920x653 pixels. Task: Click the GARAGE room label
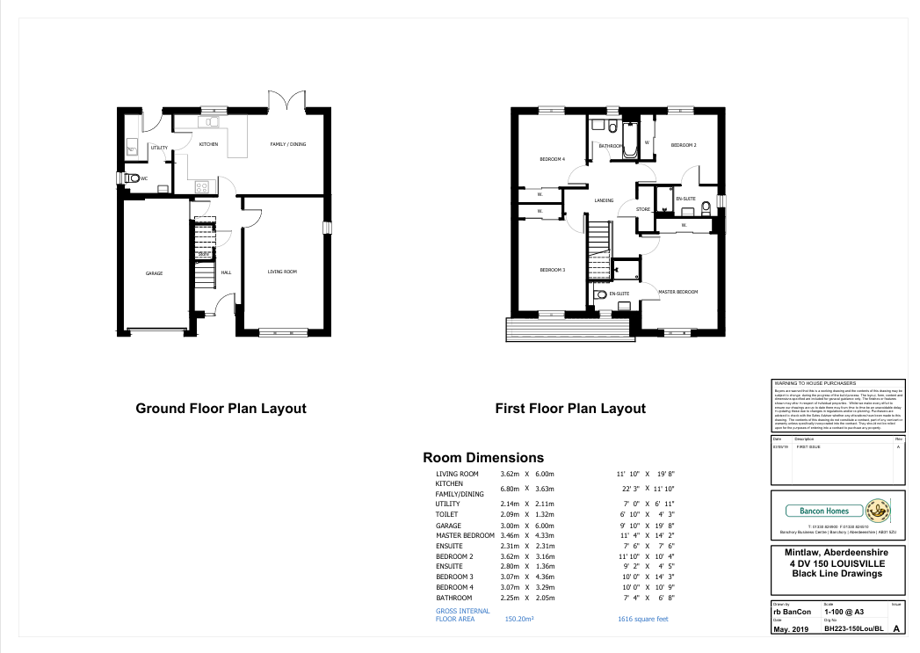point(155,273)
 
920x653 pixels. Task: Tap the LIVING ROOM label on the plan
point(282,272)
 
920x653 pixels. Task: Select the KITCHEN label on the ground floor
point(208,144)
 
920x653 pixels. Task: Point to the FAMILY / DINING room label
point(287,144)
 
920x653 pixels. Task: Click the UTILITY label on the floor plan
point(159,148)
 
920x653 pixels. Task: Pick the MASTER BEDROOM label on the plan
point(677,292)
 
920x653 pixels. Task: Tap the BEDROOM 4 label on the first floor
point(552,159)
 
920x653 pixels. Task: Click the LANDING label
point(604,200)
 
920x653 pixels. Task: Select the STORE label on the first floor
point(643,209)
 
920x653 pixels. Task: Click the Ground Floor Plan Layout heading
point(221,409)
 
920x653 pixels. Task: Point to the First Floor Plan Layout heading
point(570,409)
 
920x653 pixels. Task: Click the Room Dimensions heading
point(483,458)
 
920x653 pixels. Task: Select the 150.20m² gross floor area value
point(519,619)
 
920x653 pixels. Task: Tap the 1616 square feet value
point(643,619)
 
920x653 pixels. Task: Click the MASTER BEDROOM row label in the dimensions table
point(465,535)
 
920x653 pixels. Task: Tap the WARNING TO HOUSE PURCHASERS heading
point(814,384)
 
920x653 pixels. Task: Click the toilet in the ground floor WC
point(132,178)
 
